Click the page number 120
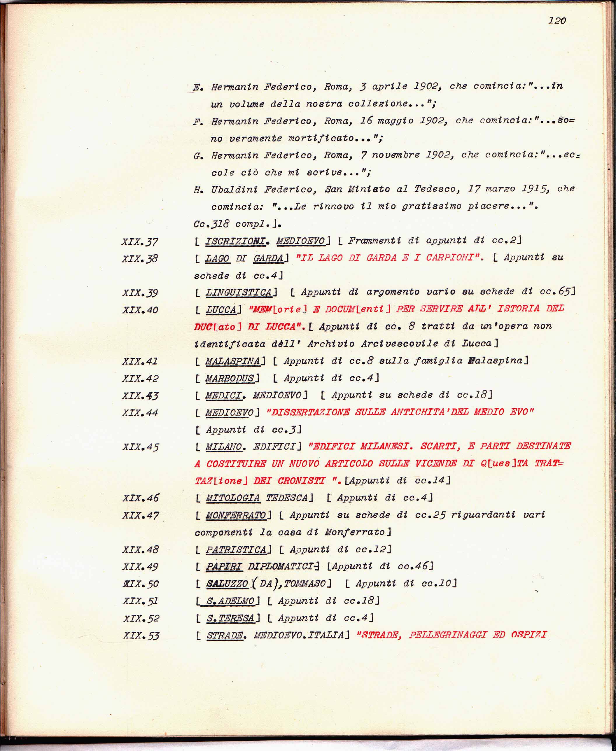[557, 21]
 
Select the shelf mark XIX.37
[140, 242]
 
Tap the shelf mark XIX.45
[141, 447]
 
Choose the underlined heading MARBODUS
[230, 378]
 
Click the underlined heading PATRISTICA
[236, 549]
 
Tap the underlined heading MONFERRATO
[236, 515]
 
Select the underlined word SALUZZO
[228, 584]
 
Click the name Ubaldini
[234, 190]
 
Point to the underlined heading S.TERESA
[231, 618]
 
